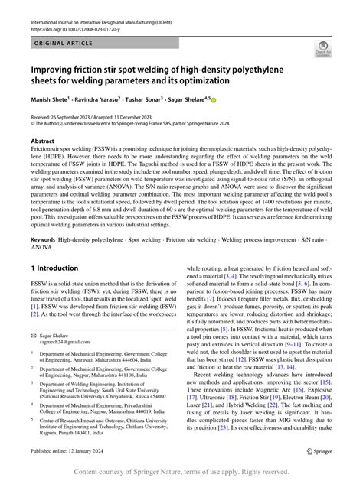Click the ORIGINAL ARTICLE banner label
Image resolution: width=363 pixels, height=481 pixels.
(x=61, y=45)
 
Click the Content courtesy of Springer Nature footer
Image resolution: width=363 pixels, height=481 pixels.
(x=181, y=471)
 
